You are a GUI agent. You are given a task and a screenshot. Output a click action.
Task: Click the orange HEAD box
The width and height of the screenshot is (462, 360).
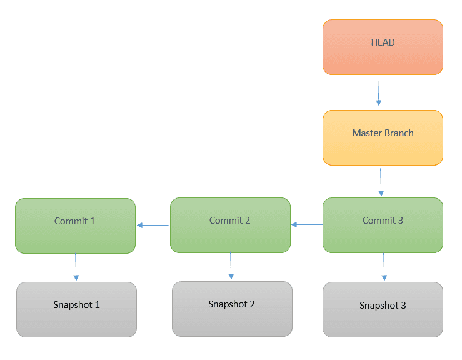point(383,47)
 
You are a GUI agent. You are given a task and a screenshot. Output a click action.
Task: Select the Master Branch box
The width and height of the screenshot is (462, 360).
point(383,138)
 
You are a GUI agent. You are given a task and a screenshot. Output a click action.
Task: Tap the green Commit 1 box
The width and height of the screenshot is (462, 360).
point(75,226)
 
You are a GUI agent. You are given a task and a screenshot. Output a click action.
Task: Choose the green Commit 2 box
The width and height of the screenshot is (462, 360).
point(230,226)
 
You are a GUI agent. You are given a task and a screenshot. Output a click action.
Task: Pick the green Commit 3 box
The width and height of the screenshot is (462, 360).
point(383,226)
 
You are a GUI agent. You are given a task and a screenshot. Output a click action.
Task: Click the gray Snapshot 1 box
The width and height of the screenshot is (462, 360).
point(76,309)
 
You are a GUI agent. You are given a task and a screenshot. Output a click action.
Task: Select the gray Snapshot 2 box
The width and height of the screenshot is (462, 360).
point(232,309)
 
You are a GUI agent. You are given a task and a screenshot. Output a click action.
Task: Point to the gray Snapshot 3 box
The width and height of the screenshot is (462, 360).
point(383,309)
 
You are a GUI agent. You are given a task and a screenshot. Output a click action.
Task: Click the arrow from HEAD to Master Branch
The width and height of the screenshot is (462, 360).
point(378,91)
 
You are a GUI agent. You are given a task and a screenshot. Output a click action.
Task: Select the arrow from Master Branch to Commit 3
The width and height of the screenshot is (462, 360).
point(381,181)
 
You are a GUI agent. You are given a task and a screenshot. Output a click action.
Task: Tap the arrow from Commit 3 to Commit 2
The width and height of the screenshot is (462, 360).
point(306,224)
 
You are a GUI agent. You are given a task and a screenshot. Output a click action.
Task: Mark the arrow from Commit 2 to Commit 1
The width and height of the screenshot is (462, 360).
point(153,225)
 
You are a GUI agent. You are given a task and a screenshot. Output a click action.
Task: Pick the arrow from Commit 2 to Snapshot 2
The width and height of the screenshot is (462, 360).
point(231,266)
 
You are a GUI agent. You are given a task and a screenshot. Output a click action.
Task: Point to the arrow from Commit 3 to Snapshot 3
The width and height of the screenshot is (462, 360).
point(383,267)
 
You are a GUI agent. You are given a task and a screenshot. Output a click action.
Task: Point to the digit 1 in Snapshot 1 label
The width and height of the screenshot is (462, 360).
point(97,305)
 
